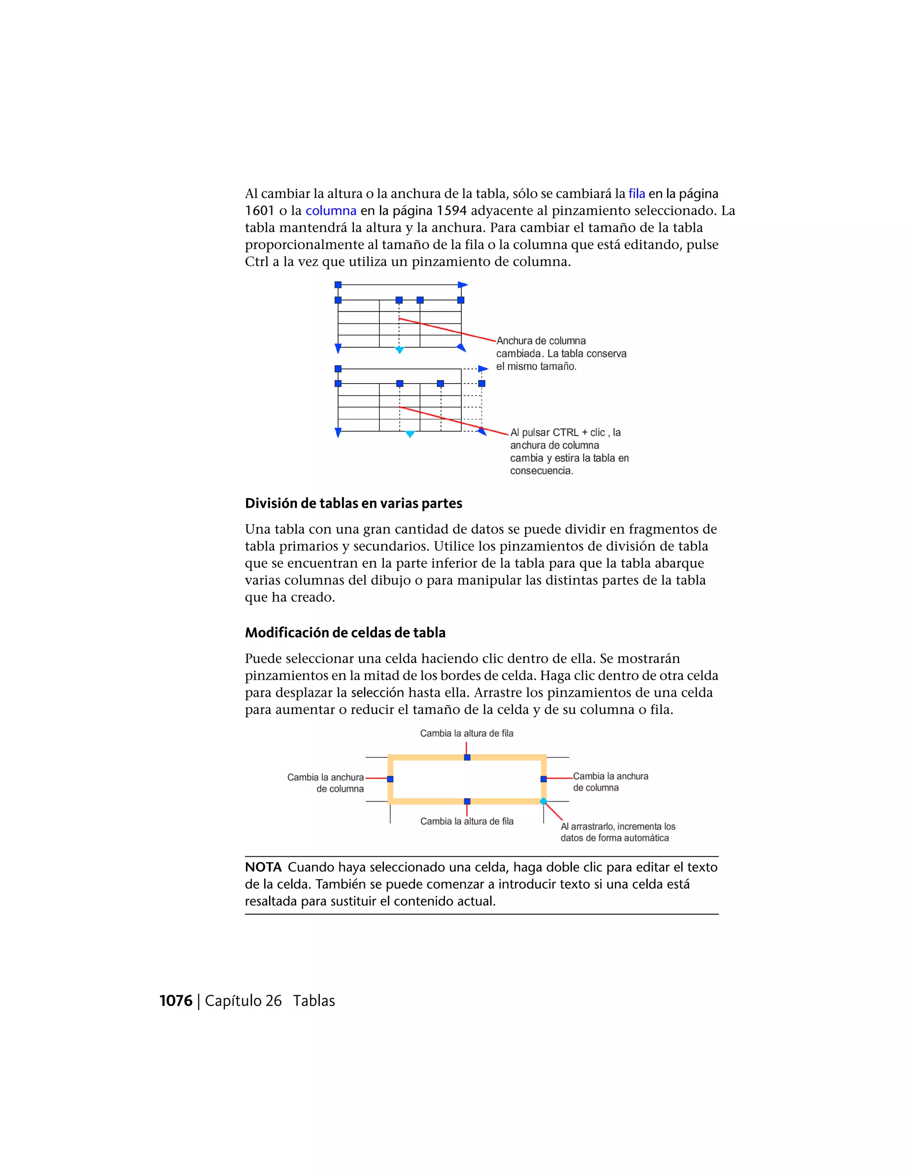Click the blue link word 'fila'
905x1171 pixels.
[636, 194]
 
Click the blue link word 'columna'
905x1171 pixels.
[331, 211]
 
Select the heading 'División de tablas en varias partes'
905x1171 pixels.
[354, 503]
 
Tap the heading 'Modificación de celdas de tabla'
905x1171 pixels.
[345, 633]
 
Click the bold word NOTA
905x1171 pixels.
[263, 867]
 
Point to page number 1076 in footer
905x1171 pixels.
[176, 1000]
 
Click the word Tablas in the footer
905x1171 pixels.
[314, 1000]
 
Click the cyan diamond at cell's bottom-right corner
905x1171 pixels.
[543, 801]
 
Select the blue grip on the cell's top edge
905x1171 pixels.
[467, 757]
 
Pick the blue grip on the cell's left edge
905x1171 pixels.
[390, 779]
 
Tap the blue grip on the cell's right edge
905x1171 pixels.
[543, 779]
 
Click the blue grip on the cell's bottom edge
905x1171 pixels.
[467, 801]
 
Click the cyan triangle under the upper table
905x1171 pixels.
[399, 350]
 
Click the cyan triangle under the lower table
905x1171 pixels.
[410, 434]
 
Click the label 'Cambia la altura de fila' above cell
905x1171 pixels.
[467, 733]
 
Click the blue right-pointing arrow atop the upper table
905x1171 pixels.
[462, 285]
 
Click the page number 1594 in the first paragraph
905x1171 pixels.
[452, 211]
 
